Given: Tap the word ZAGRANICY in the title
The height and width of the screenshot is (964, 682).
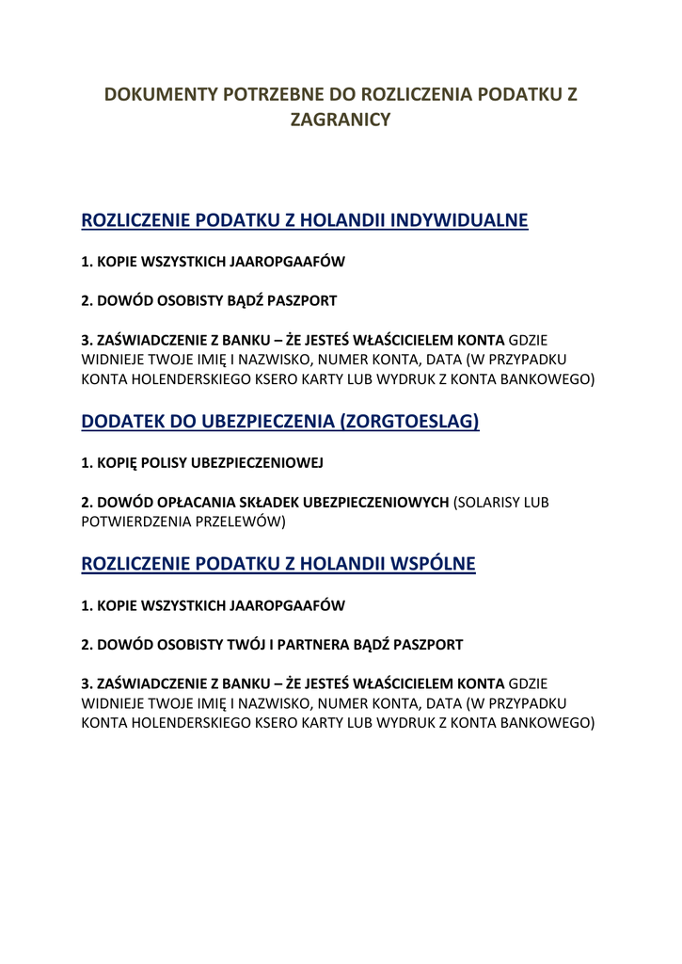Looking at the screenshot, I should (x=340, y=120).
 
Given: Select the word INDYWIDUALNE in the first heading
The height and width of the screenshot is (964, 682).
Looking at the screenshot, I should (x=459, y=221).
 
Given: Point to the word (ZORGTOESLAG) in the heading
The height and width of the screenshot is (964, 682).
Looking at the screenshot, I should (x=413, y=422).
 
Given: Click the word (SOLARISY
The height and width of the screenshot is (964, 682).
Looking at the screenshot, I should (x=491, y=503).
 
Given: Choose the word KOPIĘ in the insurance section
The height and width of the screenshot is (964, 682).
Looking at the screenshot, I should (x=117, y=462).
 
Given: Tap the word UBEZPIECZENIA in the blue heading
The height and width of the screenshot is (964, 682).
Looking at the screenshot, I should (x=268, y=422).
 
